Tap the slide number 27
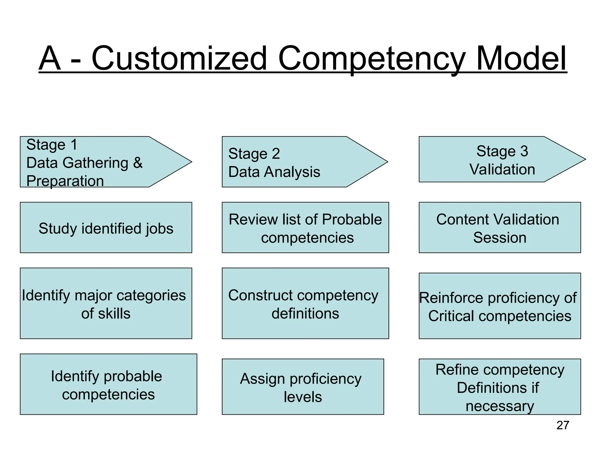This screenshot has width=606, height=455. tap(563, 425)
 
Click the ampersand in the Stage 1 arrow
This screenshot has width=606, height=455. tap(138, 163)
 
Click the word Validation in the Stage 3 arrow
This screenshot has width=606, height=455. tap(502, 169)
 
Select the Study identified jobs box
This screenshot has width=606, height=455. tap(106, 227)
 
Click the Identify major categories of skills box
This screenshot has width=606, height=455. tap(106, 303)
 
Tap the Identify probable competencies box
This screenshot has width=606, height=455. tap(108, 384)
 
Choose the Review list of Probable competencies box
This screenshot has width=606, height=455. tap(305, 227)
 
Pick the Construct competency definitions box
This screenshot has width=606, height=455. tap(305, 303)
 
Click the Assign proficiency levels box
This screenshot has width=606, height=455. tap(303, 387)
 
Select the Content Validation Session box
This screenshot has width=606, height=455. tap(500, 227)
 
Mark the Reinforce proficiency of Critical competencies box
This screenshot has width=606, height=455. tap(500, 306)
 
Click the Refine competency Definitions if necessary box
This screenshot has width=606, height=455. tap(500, 387)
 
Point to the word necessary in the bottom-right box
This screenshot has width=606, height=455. tap(500, 406)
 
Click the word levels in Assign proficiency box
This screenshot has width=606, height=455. tap(303, 397)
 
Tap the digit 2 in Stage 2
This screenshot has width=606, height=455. tap(275, 153)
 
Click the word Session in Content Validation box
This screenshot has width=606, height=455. tap(500, 238)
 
